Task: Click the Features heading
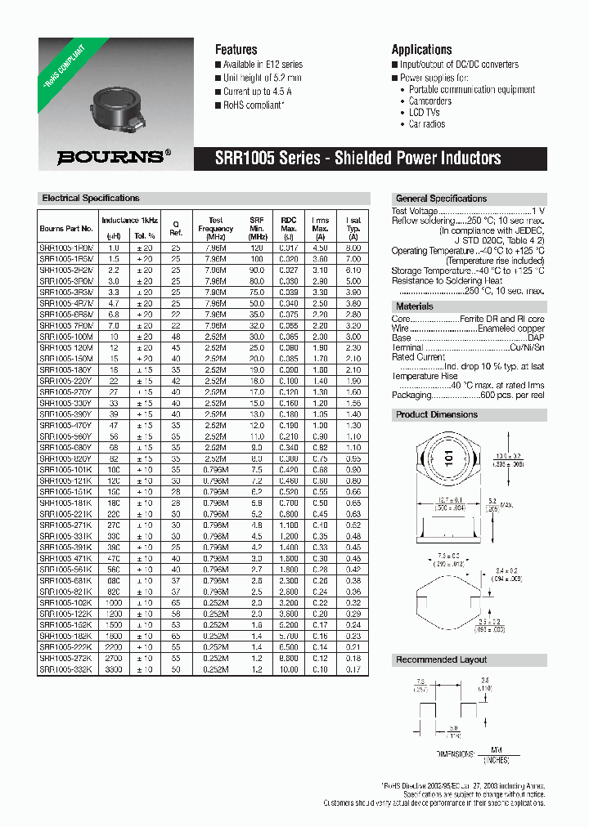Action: (x=236, y=50)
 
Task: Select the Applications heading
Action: (x=421, y=50)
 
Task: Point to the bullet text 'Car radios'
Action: (x=427, y=124)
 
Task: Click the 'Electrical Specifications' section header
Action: (x=91, y=199)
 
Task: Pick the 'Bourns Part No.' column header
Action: (x=66, y=228)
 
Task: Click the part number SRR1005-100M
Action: (x=66, y=336)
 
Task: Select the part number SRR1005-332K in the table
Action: (x=66, y=670)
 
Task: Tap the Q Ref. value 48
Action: (x=175, y=336)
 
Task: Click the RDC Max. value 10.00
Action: (x=289, y=670)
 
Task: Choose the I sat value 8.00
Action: (x=353, y=246)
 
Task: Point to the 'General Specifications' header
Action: (x=441, y=199)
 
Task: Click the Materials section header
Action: (x=415, y=306)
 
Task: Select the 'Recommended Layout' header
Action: (x=441, y=659)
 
